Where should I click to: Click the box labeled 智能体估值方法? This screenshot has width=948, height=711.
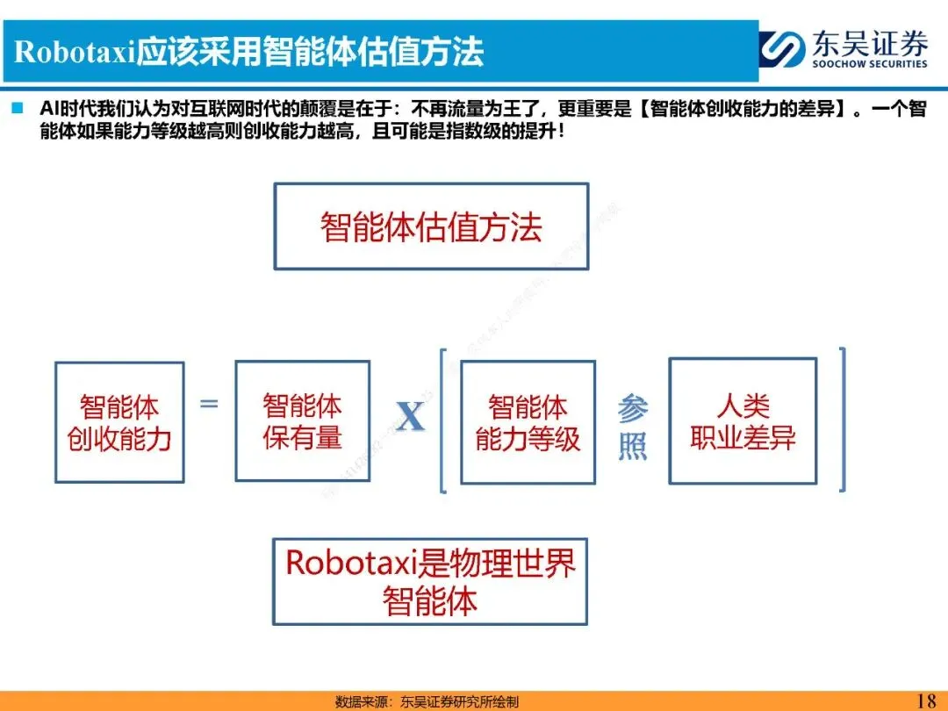(x=431, y=226)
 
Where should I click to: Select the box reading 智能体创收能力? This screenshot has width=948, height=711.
(x=119, y=422)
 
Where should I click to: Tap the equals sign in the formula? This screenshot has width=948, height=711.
(x=209, y=404)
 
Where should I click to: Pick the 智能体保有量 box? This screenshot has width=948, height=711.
(x=302, y=421)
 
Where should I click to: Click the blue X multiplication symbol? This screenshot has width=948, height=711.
(x=410, y=418)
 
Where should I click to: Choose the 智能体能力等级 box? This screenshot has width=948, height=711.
(x=528, y=422)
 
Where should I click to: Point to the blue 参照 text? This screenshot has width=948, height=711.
(x=632, y=427)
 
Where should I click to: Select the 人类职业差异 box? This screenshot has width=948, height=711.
(x=743, y=421)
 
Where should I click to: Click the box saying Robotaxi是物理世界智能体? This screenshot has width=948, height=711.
(x=430, y=581)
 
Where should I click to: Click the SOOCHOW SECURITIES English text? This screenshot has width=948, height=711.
(x=869, y=64)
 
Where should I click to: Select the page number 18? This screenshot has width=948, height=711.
(x=926, y=700)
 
